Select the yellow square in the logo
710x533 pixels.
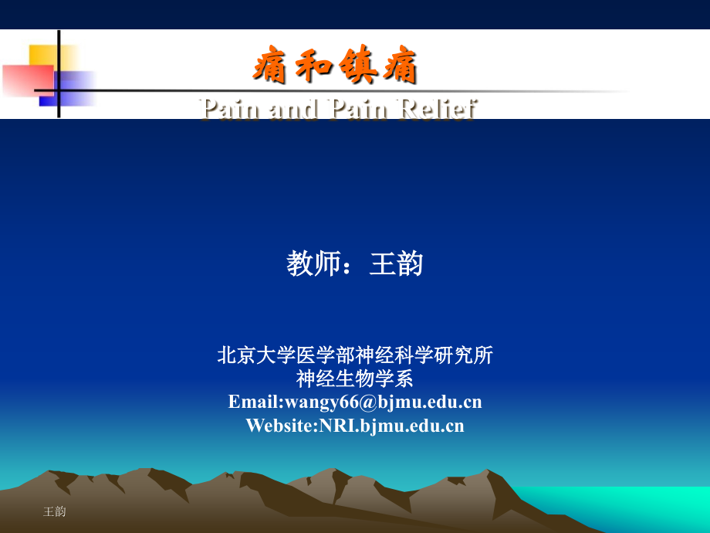[44, 57]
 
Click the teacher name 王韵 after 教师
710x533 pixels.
[397, 265]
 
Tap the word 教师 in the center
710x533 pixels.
[313, 265]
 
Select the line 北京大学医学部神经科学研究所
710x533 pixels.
[355, 355]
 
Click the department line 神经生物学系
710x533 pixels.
[355, 379]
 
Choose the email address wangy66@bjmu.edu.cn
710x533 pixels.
[384, 402]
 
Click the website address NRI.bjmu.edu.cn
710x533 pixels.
[391, 425]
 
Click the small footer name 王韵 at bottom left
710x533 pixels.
[55, 511]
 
